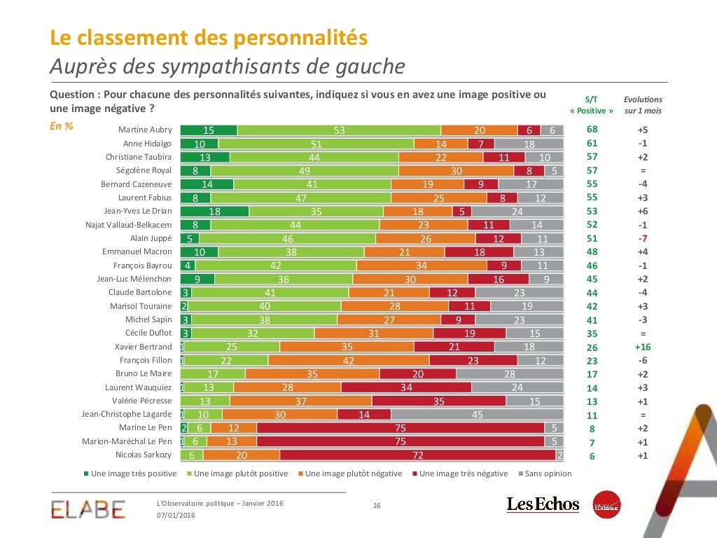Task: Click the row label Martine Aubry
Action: tap(145, 130)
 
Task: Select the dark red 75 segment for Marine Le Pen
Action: tap(401, 428)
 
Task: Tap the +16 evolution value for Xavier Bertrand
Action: tap(642, 347)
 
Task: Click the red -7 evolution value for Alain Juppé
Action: tap(642, 238)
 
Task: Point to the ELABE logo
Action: tap(88, 509)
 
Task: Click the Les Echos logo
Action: tap(543, 504)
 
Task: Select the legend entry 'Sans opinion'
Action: tap(545, 474)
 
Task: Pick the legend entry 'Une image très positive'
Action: tap(130, 474)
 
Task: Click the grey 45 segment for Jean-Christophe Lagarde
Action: tap(477, 415)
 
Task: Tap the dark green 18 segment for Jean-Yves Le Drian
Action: tap(214, 211)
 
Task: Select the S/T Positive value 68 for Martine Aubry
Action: tap(592, 130)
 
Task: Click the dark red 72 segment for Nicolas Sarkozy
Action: tap(418, 455)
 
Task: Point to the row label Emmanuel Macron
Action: tap(137, 251)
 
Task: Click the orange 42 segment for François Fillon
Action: tap(349, 360)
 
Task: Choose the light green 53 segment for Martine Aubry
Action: tap(339, 130)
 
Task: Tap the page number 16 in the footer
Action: tap(376, 506)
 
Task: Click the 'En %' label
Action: tap(62, 127)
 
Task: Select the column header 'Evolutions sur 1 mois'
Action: tap(643, 105)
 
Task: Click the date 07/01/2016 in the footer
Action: tap(176, 516)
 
